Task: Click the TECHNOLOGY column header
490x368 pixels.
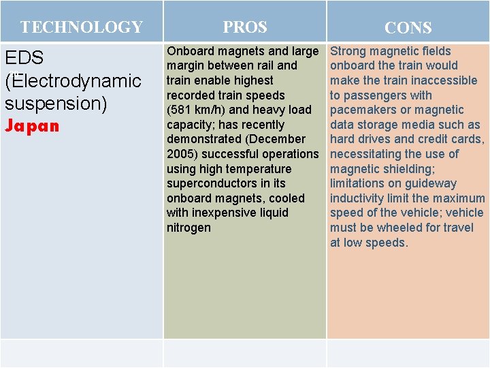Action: click(x=81, y=27)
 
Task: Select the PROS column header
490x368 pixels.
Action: click(x=245, y=27)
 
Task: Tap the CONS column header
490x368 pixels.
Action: click(x=408, y=28)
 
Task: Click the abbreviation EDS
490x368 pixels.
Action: click(x=24, y=58)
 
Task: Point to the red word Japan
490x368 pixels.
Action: click(x=32, y=126)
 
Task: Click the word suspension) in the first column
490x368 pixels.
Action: click(x=56, y=104)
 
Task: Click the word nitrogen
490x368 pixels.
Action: click(x=189, y=228)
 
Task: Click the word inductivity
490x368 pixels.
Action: click(x=359, y=198)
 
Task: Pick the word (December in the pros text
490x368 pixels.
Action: click(x=275, y=139)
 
